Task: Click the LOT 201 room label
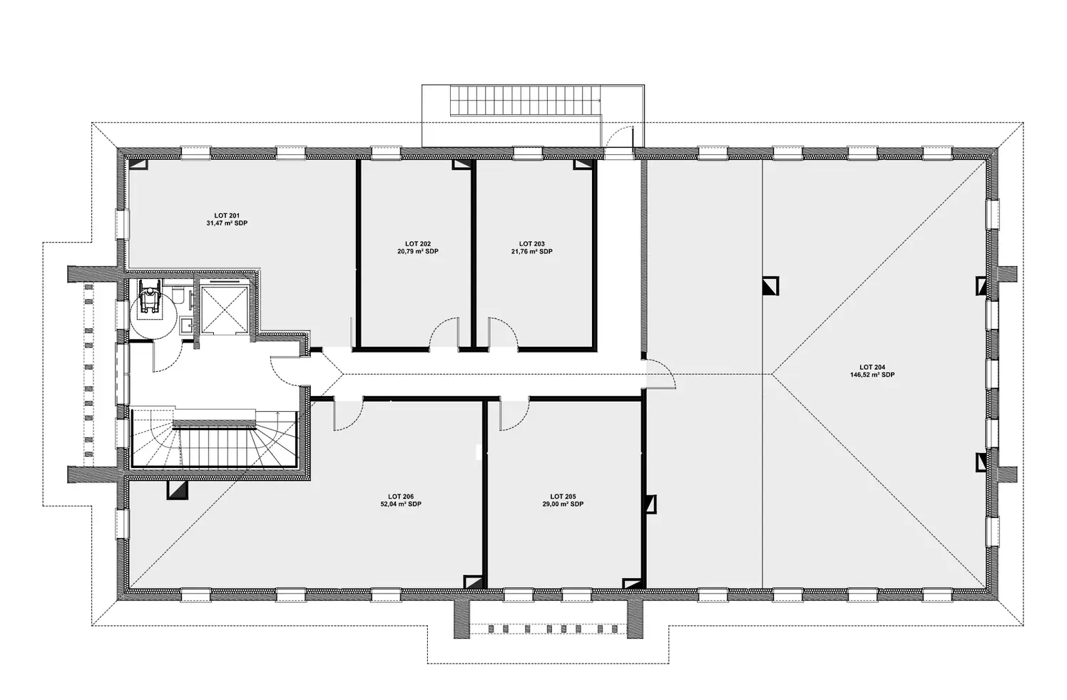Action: pos(227,216)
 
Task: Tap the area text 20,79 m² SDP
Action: pos(418,251)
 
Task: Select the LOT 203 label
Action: pos(531,244)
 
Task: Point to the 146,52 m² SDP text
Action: pos(872,375)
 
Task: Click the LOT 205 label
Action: pos(563,497)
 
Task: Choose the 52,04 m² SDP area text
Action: pos(401,504)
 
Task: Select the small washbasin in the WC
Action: pos(185,325)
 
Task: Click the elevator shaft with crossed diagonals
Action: pos(223,309)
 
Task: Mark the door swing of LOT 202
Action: pos(444,334)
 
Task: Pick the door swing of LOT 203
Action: pos(503,334)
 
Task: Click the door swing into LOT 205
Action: pos(514,415)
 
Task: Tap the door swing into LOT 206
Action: pos(348,415)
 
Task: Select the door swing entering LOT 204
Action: pos(660,374)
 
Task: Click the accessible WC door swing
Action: pos(168,357)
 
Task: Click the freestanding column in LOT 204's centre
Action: pos(770,286)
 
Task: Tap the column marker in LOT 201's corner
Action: pos(138,164)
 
